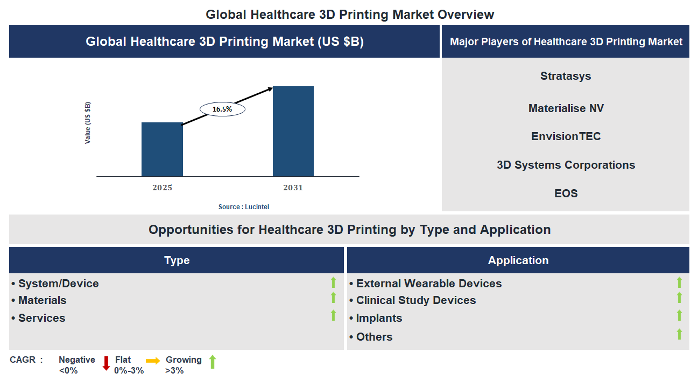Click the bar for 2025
click(162, 149)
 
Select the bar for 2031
click(293, 131)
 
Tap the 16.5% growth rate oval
click(222, 109)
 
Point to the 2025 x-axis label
click(162, 188)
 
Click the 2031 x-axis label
click(293, 188)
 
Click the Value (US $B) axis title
click(88, 122)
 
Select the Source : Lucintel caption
click(244, 207)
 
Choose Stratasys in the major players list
click(566, 76)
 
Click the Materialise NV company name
click(566, 108)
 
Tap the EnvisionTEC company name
click(566, 136)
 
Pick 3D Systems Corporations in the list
click(566, 165)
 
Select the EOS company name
click(566, 194)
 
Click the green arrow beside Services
click(333, 315)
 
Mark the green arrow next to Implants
click(679, 315)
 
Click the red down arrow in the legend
click(106, 363)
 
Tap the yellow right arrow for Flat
click(153, 361)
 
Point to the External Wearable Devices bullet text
click(428, 284)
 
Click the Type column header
click(177, 260)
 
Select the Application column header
click(518, 260)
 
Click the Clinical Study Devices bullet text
click(415, 300)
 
